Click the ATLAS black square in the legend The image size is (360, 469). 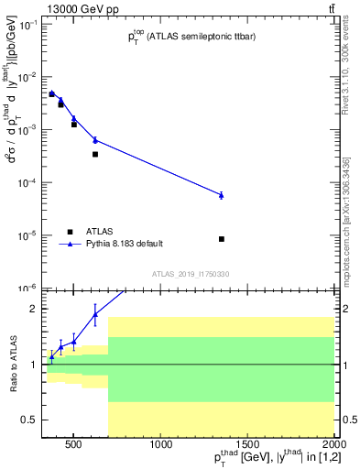click(x=69, y=231)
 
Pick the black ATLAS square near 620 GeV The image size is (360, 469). click(x=95, y=154)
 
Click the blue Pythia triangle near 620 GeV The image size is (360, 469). click(x=95, y=139)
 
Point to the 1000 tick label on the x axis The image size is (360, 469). click(x=160, y=446)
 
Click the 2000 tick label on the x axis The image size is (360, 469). click(x=333, y=446)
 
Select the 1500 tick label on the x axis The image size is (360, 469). click(x=247, y=446)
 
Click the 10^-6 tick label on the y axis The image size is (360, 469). click(x=27, y=289)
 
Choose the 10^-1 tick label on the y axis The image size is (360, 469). click(x=27, y=24)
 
